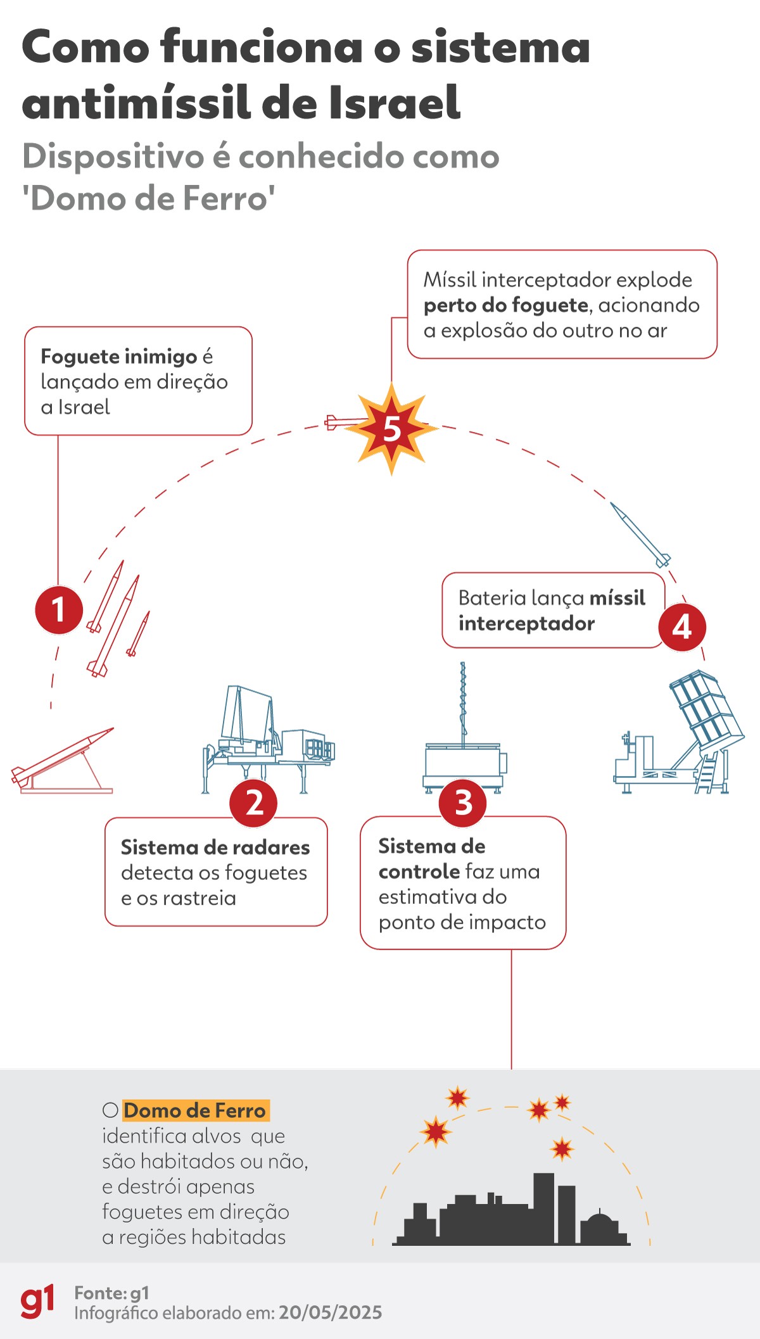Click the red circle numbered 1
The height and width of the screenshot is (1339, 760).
pos(58,610)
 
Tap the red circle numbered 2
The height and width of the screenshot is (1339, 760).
pos(253,803)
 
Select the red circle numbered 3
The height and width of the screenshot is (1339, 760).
pos(463,803)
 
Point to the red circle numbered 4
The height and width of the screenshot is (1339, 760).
pos(681,627)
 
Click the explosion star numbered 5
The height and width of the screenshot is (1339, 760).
pos(392,429)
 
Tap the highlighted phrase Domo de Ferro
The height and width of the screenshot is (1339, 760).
pos(195,1110)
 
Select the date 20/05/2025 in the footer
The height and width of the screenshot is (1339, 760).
pos(330,1312)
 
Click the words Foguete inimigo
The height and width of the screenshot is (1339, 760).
pos(119,357)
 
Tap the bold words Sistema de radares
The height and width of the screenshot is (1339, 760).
pos(215,847)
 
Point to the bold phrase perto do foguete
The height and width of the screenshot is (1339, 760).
pos(506,305)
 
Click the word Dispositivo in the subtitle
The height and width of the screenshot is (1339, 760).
pos(113,156)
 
